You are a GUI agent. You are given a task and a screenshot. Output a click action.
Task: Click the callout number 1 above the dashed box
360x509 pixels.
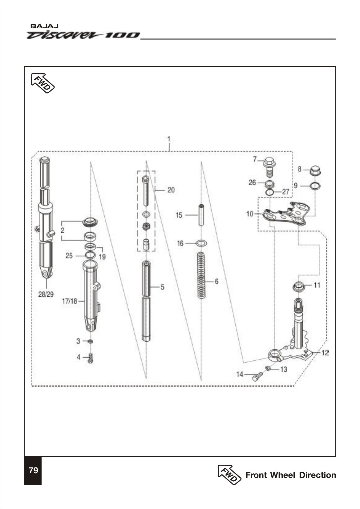pos(169,139)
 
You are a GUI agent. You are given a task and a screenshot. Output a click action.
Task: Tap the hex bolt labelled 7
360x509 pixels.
pos(269,166)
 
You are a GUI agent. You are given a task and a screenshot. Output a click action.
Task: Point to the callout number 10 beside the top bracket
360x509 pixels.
pos(250,214)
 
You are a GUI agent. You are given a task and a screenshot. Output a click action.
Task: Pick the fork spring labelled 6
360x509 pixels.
pos(201,275)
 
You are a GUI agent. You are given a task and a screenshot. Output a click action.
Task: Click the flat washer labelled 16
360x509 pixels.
pos(201,243)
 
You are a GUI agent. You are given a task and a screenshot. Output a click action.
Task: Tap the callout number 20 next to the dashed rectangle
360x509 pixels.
pos(171,190)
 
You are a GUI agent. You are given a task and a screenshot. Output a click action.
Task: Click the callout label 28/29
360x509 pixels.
pos(46,294)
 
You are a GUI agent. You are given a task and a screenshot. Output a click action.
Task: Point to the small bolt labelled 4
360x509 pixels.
pos(90,358)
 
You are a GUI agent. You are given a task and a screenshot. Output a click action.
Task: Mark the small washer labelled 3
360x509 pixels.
pos(90,341)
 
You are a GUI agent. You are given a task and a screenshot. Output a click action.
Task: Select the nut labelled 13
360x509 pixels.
pos(268,368)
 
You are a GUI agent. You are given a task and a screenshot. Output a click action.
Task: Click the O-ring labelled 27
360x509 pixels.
pos(269,192)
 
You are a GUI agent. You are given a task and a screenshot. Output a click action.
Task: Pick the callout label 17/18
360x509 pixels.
pos(70,301)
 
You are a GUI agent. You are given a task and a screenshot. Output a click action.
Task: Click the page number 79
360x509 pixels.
pos(33,471)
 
